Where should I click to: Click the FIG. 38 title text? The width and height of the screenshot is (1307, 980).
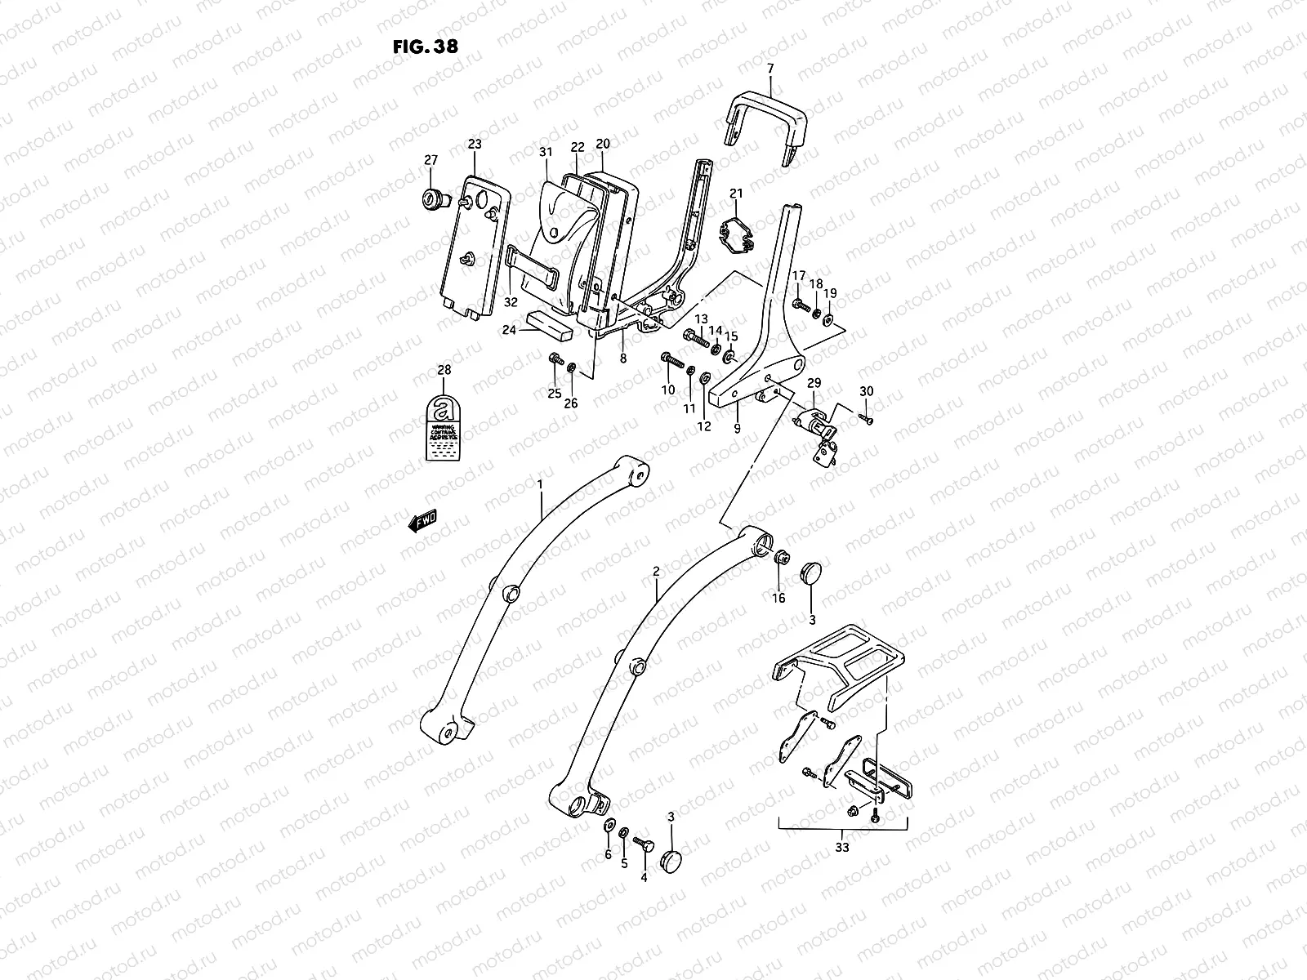425,46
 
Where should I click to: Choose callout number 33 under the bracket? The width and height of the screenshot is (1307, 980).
842,847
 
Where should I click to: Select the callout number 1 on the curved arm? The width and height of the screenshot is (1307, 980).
540,485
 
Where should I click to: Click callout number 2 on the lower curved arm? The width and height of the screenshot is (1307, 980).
656,572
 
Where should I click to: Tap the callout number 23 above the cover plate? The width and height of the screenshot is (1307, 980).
475,145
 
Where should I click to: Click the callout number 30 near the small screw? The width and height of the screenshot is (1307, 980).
867,392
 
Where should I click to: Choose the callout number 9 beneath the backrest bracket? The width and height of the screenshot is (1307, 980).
737,428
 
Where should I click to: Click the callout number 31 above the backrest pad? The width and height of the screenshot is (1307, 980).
546,152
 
